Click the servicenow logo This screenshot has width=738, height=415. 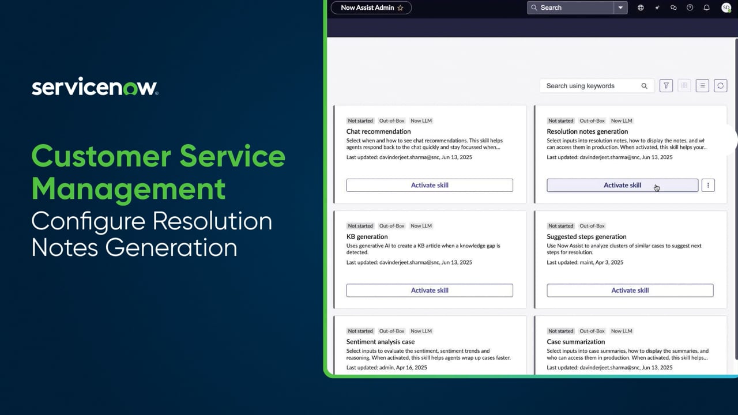[95, 86]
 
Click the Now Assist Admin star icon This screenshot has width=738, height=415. [401, 8]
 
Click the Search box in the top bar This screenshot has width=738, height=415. [571, 7]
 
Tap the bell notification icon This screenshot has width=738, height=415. [706, 7]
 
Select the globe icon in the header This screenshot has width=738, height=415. [641, 7]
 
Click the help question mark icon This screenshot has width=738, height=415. [690, 7]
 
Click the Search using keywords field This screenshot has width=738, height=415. [591, 86]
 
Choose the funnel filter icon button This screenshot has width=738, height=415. [666, 86]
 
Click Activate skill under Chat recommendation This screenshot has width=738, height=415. [430, 185]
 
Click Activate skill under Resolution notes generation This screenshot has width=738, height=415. [622, 185]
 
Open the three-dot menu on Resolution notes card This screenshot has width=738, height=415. [708, 185]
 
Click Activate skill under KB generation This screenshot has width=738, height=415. [430, 290]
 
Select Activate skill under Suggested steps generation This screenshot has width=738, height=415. [630, 290]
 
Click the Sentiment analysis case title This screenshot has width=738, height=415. [381, 342]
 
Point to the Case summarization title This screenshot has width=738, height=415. [575, 342]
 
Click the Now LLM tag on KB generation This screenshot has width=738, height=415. [421, 226]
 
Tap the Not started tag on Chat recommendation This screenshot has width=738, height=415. [360, 121]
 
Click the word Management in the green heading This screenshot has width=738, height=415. [129, 188]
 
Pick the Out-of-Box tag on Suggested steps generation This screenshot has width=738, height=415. [592, 226]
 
